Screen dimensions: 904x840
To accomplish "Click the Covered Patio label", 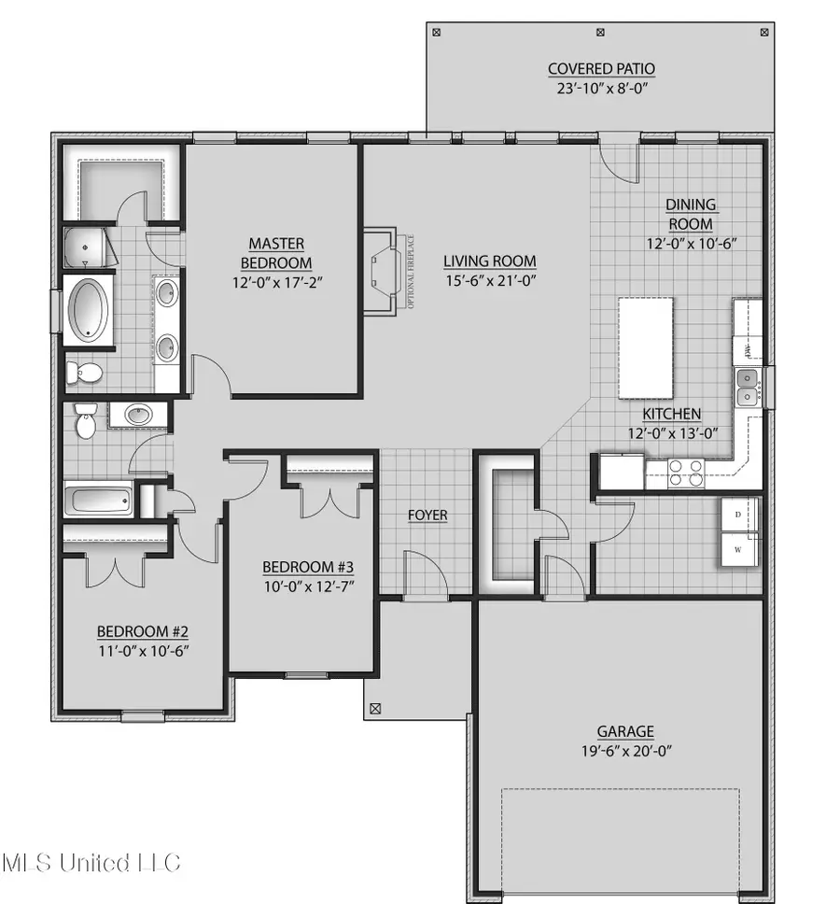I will [x=601, y=69].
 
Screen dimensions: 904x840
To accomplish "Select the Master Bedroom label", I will [x=276, y=254].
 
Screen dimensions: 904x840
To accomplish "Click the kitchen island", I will [x=646, y=347].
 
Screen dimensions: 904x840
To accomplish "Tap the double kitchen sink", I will [x=747, y=388].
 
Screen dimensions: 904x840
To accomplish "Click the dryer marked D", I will [x=737, y=515].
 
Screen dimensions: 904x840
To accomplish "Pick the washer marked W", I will [x=737, y=550].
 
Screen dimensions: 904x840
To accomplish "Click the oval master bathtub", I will [x=90, y=309].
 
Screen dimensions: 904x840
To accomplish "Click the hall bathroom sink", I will [x=139, y=415].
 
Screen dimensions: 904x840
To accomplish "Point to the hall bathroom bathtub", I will [x=99, y=499].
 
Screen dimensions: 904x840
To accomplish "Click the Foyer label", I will [x=427, y=516].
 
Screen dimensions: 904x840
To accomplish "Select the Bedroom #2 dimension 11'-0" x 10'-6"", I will [x=147, y=648].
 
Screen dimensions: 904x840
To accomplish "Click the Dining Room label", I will [x=690, y=214].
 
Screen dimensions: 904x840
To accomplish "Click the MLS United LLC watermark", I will [x=91, y=861].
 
